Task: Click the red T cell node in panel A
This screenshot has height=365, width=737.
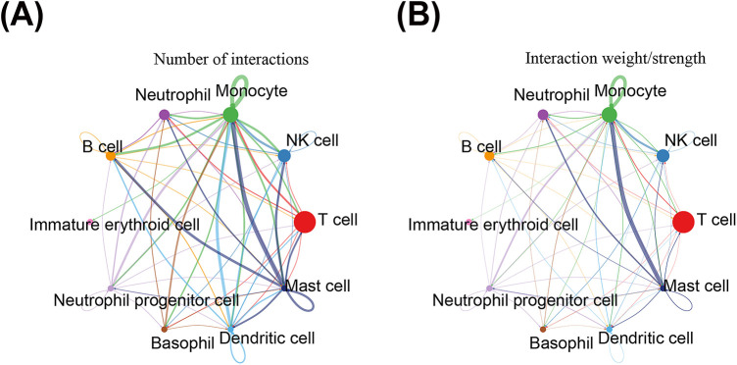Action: (x=304, y=222)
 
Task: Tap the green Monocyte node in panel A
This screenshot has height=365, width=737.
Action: (x=230, y=114)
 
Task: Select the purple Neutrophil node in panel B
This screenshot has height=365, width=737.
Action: (x=543, y=114)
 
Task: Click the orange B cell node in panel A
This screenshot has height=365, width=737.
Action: (x=111, y=156)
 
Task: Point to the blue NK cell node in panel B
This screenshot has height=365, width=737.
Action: (x=663, y=156)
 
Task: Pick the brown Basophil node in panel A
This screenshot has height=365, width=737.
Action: (x=165, y=329)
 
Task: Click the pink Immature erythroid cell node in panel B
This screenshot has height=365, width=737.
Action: (x=468, y=222)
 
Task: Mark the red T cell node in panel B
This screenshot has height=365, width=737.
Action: (x=683, y=222)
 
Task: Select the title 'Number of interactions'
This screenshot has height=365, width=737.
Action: (x=230, y=60)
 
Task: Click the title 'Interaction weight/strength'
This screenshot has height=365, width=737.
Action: (x=610, y=60)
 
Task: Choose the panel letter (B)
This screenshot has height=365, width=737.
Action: (x=418, y=19)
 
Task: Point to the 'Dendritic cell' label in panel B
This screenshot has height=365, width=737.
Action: (x=646, y=338)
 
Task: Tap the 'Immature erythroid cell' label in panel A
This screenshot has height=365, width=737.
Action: (x=115, y=225)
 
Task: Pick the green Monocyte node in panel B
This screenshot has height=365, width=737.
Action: (x=610, y=114)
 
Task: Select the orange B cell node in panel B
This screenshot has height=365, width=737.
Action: (x=489, y=156)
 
